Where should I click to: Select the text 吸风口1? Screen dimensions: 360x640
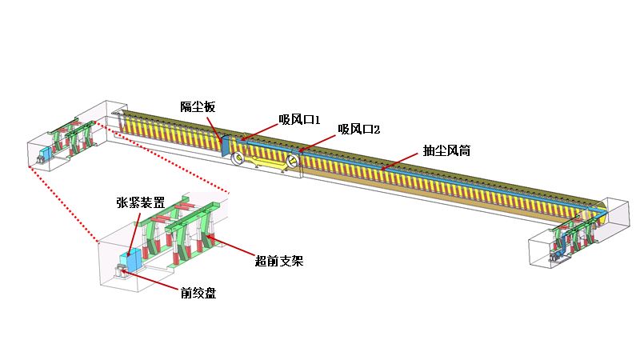pyautogui.click(x=299, y=120)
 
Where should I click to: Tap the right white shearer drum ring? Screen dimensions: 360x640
pyautogui.click(x=292, y=162)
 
